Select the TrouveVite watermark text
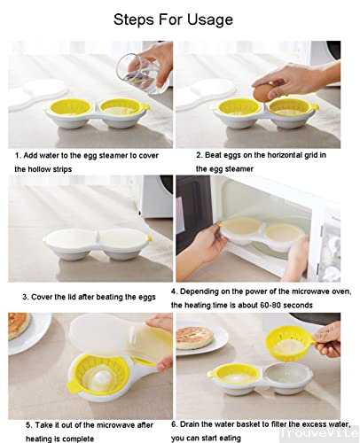coord(319,433)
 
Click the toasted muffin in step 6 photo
coord(195,338)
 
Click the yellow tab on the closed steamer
coord(149,238)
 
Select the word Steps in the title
coord(134,20)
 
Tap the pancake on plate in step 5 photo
coord(18,325)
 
